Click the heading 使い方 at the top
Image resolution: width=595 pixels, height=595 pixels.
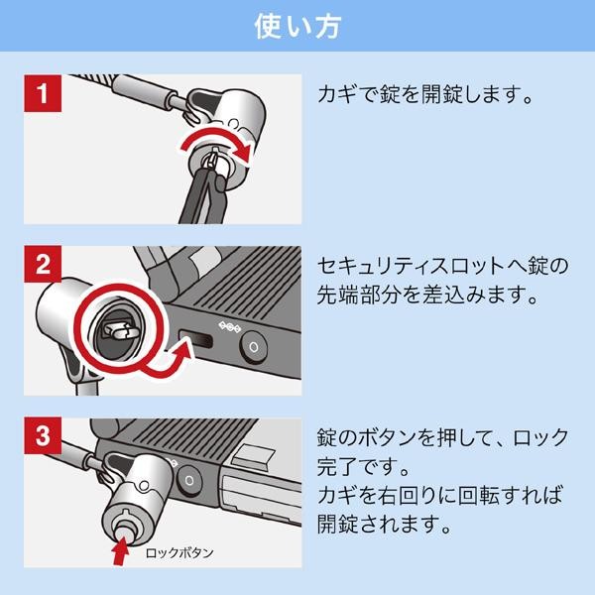[x=297, y=25]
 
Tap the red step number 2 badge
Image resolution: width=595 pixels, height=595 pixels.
[x=43, y=265]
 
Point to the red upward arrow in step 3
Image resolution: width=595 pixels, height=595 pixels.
[x=121, y=544]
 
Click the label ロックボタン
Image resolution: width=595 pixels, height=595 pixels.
[x=179, y=551]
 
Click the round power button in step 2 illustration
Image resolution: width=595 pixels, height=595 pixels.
[x=255, y=346]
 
